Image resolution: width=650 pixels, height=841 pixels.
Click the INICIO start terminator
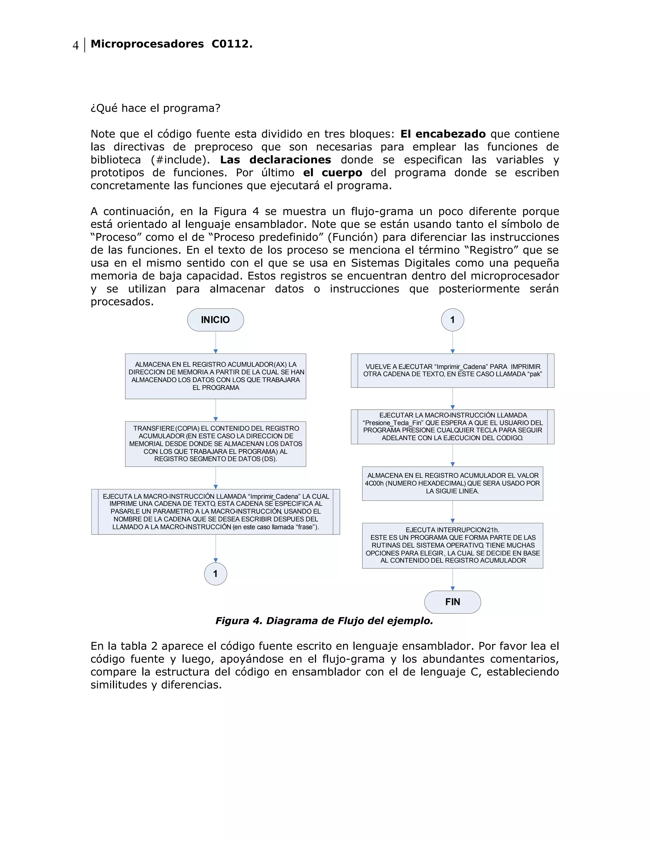215,320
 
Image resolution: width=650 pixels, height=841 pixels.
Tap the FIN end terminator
453,601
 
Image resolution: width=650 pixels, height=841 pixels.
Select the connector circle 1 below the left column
215,574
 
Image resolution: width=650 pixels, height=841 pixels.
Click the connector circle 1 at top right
453,320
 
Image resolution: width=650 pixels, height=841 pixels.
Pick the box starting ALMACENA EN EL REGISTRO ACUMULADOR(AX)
215,376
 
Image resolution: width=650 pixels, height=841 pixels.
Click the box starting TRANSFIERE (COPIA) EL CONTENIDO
215,444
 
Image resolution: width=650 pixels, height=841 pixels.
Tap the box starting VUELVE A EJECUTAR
453,370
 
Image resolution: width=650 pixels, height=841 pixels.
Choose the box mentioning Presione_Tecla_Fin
453,426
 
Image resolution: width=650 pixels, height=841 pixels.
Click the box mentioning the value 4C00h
453,483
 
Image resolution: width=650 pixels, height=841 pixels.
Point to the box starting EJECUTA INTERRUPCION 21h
453,545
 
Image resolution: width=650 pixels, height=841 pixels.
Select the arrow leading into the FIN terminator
453,579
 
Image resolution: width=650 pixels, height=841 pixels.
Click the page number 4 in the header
76,45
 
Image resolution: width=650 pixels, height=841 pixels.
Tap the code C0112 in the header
231,44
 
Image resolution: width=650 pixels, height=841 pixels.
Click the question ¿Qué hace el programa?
155,108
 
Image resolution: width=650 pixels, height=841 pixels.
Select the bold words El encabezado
443,134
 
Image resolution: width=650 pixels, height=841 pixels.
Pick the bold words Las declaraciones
275,160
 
